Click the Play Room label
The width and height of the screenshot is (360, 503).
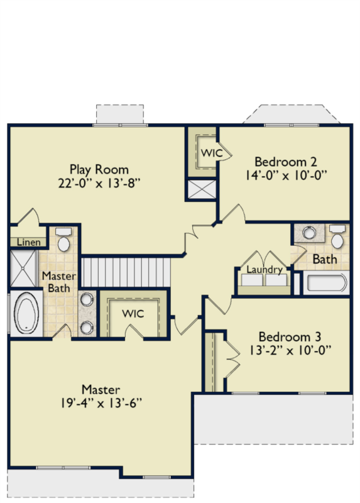pyautogui.click(x=99, y=170)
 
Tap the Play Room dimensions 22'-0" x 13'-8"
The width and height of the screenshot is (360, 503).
pyautogui.click(x=99, y=184)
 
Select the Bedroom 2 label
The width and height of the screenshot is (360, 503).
pyautogui.click(x=286, y=162)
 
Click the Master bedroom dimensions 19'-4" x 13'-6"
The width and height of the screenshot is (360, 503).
pyautogui.click(x=101, y=403)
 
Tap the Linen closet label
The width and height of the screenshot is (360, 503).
pyautogui.click(x=29, y=242)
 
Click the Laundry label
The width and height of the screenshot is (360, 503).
pyautogui.click(x=265, y=270)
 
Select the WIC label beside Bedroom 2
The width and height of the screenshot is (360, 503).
pyautogui.click(x=212, y=153)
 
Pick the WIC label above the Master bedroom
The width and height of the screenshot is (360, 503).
pyautogui.click(x=133, y=314)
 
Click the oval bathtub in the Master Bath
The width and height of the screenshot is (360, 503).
pyautogui.click(x=26, y=313)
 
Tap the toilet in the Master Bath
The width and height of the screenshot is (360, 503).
pyautogui.click(x=63, y=240)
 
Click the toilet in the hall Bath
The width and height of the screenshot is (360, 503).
pyautogui.click(x=337, y=236)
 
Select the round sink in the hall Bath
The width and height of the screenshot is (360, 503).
pyautogui.click(x=309, y=233)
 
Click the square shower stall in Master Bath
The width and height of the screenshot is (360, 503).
pyautogui.click(x=23, y=268)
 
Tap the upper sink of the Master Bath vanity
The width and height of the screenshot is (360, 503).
pyautogui.click(x=87, y=300)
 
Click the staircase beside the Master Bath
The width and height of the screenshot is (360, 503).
pyautogui.click(x=126, y=272)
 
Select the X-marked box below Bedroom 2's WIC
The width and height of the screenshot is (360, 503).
pyautogui.click(x=202, y=189)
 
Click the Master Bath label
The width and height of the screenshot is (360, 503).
pyautogui.click(x=59, y=282)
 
